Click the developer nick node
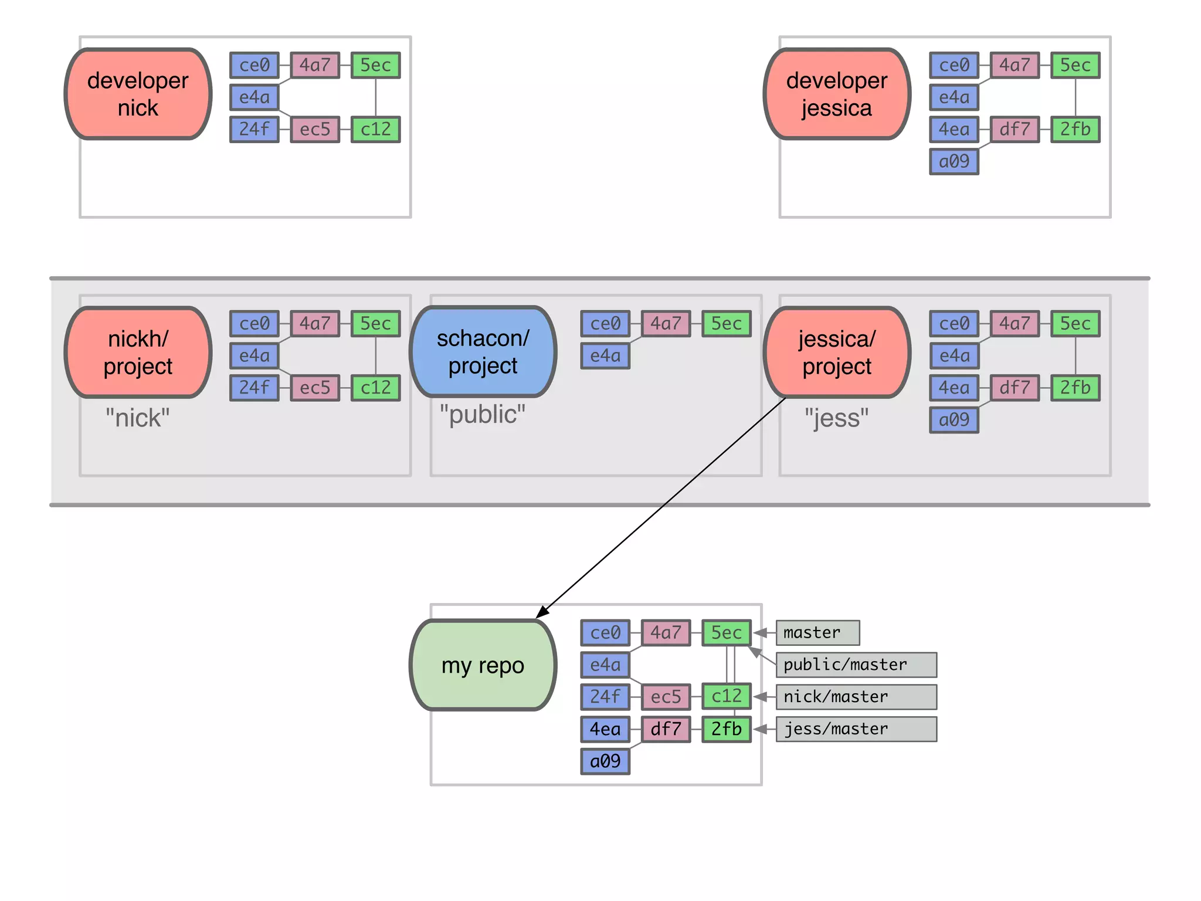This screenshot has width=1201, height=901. (x=138, y=94)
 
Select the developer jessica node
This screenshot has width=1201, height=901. (x=837, y=94)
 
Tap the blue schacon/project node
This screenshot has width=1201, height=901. (x=483, y=352)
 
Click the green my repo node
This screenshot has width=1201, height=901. (x=483, y=665)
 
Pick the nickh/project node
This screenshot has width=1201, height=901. (x=138, y=352)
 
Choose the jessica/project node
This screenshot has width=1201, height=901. (x=837, y=352)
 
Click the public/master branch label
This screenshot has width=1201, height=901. (x=856, y=665)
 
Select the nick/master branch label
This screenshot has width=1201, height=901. (x=856, y=697)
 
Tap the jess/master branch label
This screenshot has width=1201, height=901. (x=856, y=729)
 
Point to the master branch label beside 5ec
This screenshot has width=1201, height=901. (x=817, y=632)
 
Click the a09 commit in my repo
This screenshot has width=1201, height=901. (x=605, y=761)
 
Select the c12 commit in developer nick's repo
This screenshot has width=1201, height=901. (x=375, y=129)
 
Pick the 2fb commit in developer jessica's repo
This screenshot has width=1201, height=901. (x=1075, y=129)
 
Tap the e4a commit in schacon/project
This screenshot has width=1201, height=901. (x=605, y=355)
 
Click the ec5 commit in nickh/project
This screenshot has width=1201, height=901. (x=315, y=388)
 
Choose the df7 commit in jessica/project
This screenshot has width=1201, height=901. (x=1015, y=388)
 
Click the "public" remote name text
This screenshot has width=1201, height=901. (x=483, y=414)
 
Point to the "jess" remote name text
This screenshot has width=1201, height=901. (x=837, y=418)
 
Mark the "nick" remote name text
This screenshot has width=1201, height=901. (x=138, y=418)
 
